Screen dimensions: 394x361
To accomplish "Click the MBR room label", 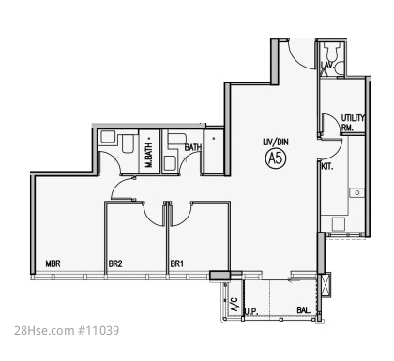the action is click(53, 263).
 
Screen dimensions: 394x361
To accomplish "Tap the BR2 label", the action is click(115, 263).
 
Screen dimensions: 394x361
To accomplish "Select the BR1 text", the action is click(176, 263).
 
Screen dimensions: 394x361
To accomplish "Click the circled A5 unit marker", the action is click(276, 158).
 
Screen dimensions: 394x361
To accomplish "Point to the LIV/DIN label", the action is click(276, 142).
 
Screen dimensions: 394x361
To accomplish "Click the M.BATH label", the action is click(149, 155).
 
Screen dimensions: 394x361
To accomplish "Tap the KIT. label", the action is click(327, 167).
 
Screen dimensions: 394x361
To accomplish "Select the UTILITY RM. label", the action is click(353, 123).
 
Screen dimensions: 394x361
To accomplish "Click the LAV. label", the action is click(326, 65).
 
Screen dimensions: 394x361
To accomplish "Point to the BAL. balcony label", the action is click(304, 310).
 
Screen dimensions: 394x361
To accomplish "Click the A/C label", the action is click(235, 304).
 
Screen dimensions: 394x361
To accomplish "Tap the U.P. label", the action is click(251, 311).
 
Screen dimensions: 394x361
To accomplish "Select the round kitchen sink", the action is click(357, 192).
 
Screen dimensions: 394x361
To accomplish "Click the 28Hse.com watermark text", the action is click(43, 330).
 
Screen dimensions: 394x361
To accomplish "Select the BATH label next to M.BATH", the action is click(193, 147).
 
